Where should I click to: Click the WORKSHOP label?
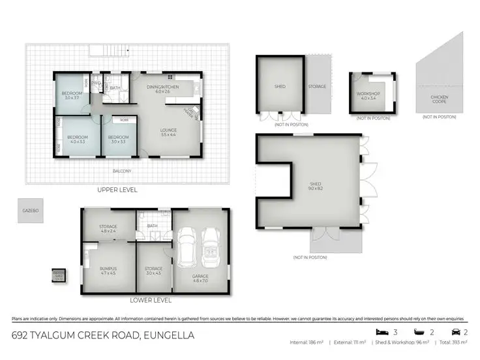368,95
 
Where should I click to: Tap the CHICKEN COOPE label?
439,100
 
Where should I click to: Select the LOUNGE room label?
169,131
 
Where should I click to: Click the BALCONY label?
122,172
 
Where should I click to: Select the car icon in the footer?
456,331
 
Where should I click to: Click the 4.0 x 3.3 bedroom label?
77,139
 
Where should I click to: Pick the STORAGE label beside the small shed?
317,86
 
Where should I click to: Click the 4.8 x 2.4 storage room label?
108,229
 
